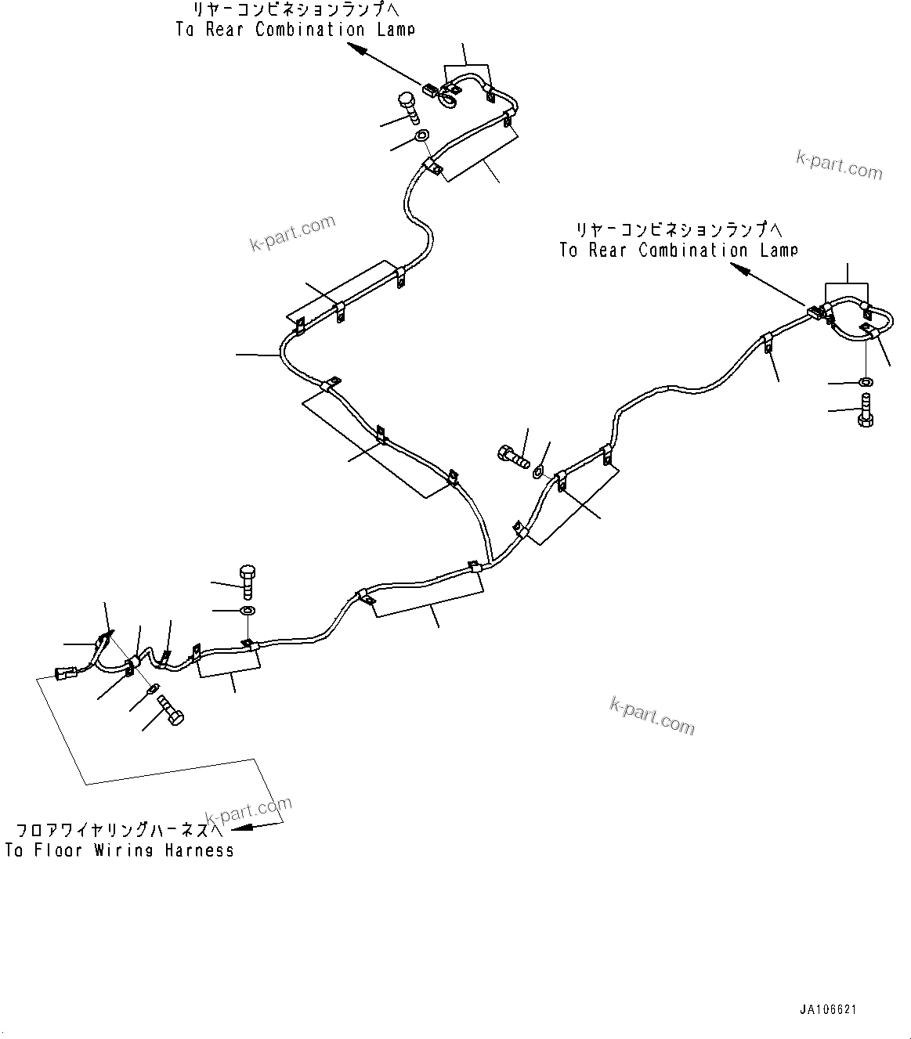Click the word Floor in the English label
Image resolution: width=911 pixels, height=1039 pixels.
(58, 850)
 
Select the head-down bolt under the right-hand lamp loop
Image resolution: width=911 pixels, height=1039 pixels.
(866, 410)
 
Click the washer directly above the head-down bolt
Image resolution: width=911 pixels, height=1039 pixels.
(866, 381)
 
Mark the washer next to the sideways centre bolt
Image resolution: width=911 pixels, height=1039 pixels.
(539, 472)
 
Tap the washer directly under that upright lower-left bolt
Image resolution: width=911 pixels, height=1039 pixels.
(247, 610)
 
